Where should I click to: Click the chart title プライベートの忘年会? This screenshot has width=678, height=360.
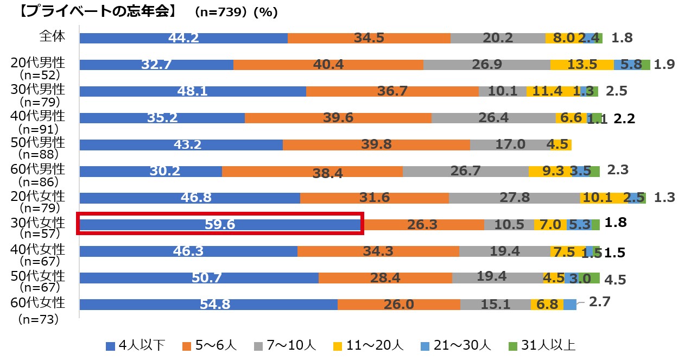tap(89, 12)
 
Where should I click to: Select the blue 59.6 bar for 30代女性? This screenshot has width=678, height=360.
tap(220, 224)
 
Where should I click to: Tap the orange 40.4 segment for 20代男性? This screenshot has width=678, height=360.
tap(328, 65)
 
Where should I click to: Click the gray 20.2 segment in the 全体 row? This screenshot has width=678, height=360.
tap(498, 38)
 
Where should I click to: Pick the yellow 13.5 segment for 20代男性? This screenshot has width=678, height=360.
tap(582, 65)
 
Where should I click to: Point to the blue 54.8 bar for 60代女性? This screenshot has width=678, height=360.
tap(208, 304)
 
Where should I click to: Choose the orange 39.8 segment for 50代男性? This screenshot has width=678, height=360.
tap(376, 144)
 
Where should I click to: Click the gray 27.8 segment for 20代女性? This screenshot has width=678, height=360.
tap(514, 198)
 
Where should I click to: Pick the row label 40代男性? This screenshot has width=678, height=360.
tap(38, 116)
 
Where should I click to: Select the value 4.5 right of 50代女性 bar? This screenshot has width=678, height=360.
tap(615, 280)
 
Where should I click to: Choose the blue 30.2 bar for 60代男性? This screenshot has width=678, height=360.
tap(150, 171)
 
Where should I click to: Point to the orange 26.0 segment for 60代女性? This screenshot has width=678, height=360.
tap(398, 304)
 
